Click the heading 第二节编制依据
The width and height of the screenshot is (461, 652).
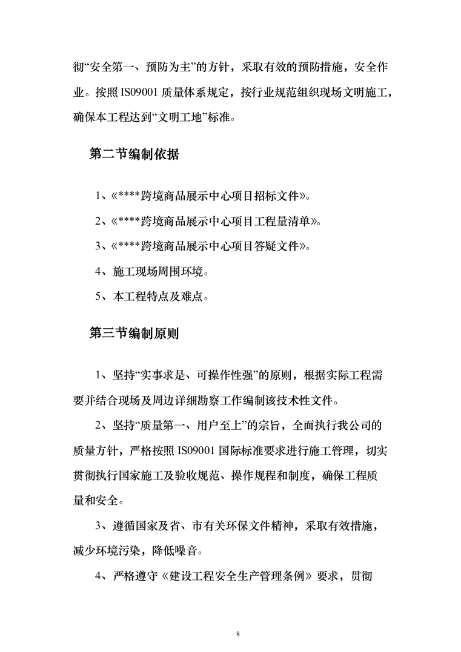[133, 154]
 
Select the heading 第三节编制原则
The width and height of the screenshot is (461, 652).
[133, 333]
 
